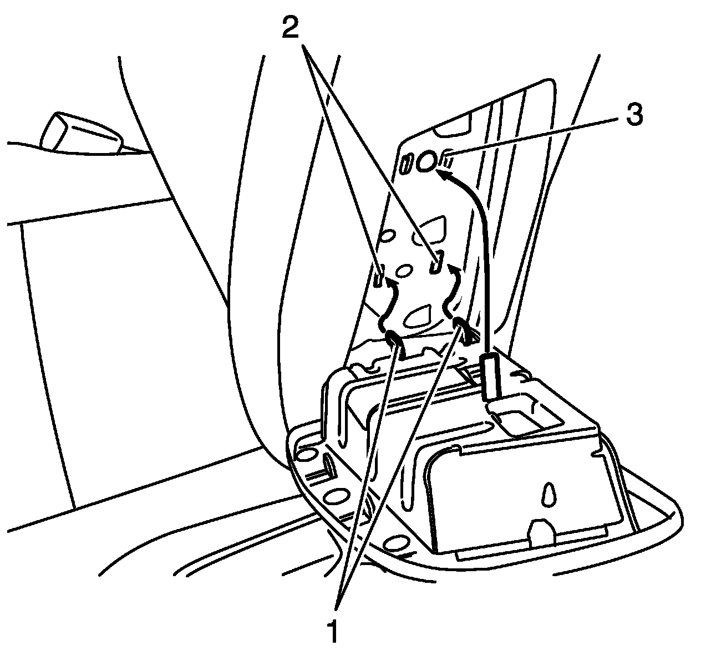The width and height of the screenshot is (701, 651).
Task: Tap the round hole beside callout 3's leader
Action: [x=427, y=161]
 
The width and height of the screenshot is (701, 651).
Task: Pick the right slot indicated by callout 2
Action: [x=436, y=261]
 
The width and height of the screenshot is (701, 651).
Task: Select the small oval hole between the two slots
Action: [x=404, y=270]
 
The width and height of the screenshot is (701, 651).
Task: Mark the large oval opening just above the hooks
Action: [x=419, y=316]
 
